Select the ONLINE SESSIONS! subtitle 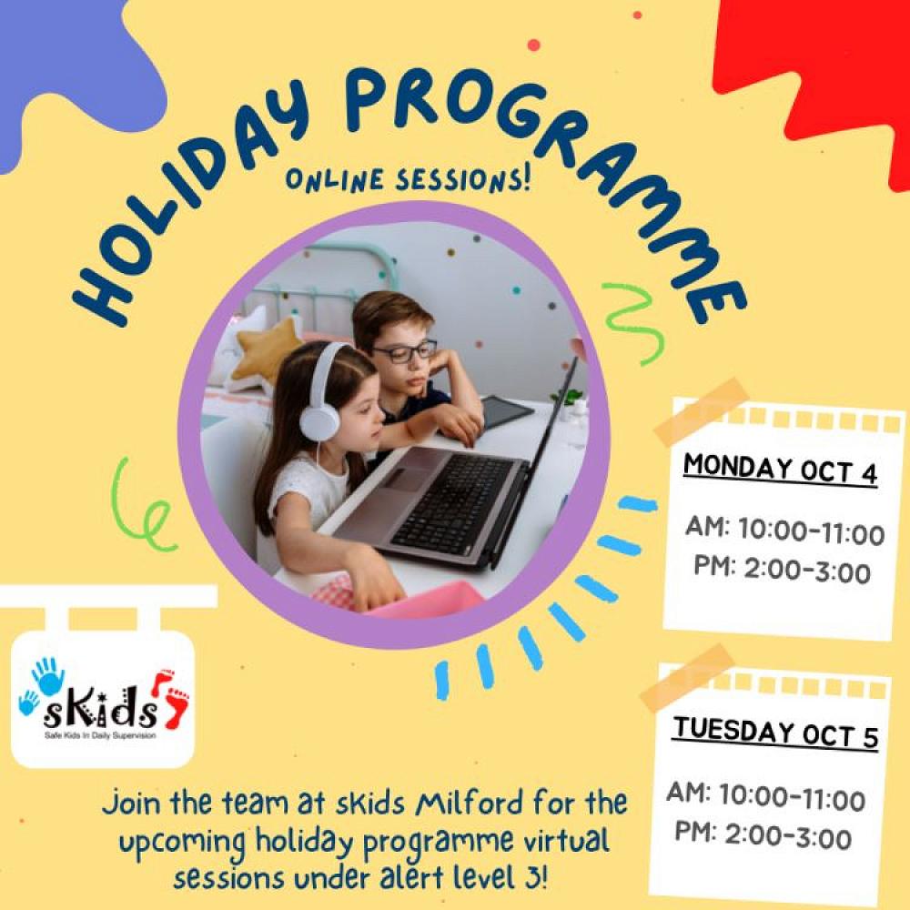408,179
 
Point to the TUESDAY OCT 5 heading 775,733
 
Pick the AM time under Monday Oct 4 784,531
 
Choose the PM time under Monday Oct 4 783,570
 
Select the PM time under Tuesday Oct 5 763,835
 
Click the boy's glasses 405,350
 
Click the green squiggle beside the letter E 632,322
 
